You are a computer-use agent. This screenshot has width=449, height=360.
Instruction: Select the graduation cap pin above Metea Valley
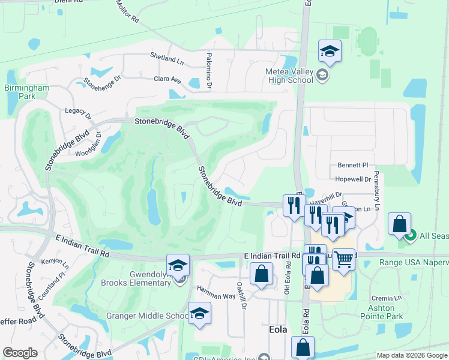pos(330,52)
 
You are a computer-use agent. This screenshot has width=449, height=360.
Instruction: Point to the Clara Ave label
pos(167,79)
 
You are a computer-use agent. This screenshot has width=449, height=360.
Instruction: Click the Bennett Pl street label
pos(352,164)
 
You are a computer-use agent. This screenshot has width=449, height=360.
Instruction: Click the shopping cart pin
pos(343,260)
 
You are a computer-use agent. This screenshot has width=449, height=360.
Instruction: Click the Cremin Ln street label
pos(385,298)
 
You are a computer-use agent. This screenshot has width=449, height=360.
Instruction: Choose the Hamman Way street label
pos(217,289)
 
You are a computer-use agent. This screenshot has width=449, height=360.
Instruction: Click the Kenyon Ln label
pos(55,262)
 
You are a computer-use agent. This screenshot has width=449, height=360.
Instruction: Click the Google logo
pos(20,353)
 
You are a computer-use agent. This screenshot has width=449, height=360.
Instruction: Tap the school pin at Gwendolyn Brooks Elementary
pos(178,265)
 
